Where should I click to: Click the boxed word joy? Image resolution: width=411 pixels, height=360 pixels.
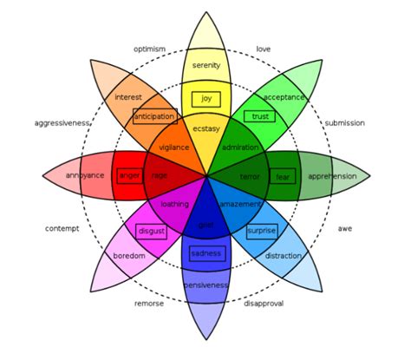[x=205, y=99]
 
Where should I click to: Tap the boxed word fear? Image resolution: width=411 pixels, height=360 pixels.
[x=283, y=176]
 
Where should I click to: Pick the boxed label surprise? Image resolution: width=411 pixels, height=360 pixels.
[x=261, y=232]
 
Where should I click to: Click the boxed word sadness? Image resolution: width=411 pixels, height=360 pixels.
[x=205, y=253]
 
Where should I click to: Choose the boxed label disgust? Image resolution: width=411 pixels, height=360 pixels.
[x=151, y=232]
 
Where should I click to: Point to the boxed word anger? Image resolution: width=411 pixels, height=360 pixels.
[x=129, y=176]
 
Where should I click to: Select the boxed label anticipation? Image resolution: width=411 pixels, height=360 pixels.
[x=155, y=116]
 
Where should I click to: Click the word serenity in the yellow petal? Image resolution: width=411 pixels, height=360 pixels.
[x=205, y=66]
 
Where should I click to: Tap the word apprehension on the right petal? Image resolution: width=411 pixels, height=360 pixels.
[x=332, y=176]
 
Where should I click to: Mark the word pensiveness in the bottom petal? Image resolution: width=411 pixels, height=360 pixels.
[x=205, y=285]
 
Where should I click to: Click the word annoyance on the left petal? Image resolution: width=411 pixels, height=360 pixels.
[x=85, y=176]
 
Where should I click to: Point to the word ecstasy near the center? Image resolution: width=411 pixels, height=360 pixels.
[x=205, y=129]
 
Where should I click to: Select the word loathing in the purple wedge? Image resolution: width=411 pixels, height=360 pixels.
[x=174, y=205]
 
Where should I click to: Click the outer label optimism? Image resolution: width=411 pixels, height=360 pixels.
[x=149, y=49]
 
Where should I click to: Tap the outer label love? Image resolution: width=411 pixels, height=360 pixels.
[x=264, y=49]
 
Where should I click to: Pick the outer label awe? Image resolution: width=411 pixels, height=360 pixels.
[x=345, y=229]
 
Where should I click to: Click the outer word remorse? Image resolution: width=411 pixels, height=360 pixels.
[x=149, y=304]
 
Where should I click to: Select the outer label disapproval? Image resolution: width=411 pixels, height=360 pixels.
[x=264, y=304]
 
